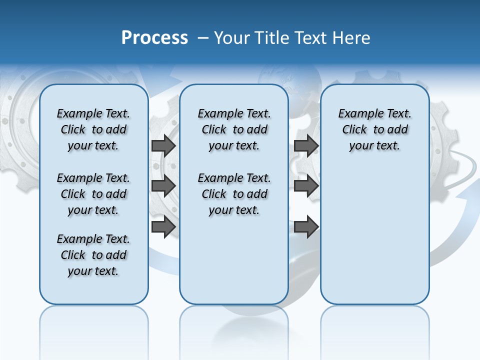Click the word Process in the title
coord(154,37)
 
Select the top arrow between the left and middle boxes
coord(163,146)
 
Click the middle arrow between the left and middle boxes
coord(163,186)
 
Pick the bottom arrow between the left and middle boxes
coord(163,226)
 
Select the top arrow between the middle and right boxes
coord(306,146)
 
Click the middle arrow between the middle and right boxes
coord(306,186)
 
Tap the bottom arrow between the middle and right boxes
coord(306,226)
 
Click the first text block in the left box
coord(93,129)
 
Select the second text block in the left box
coord(93,194)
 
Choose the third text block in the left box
coord(93,255)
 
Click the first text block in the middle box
coord(234,129)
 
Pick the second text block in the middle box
coord(234,194)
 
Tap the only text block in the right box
coord(375,129)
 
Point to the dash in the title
coord(203,38)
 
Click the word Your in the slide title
coord(231,38)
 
